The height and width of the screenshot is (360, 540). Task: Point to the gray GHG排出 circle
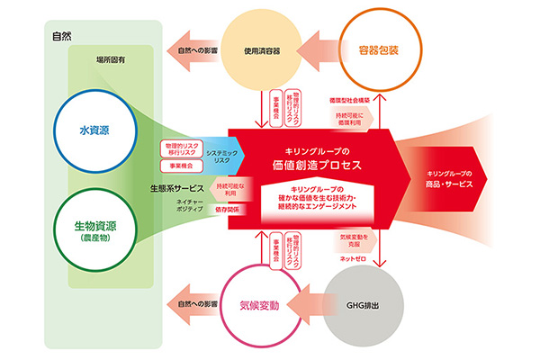pos(383,306)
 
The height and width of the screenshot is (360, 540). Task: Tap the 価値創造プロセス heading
pos(310,166)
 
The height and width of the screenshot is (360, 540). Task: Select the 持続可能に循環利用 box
pos(350,119)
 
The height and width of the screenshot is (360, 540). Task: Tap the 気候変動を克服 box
pos(350,240)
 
